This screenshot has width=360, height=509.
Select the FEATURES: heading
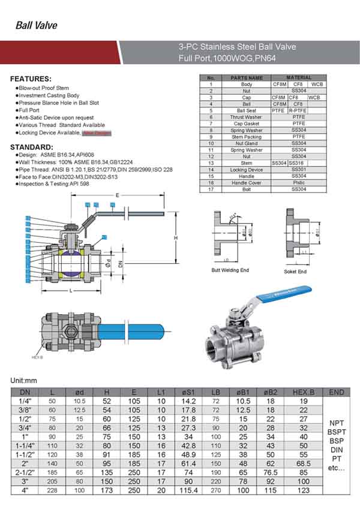tap(31, 79)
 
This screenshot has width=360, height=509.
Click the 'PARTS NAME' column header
tap(246, 78)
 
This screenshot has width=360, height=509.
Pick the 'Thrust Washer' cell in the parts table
tap(246, 117)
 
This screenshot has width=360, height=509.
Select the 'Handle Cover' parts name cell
tap(246, 183)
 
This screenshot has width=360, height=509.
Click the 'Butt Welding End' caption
tap(230, 270)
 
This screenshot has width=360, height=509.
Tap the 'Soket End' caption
tap(295, 272)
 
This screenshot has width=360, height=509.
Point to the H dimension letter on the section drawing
tap(176, 239)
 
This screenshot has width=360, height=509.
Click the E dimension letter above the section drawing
tap(117, 195)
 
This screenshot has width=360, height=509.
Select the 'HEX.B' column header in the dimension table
tap(303, 392)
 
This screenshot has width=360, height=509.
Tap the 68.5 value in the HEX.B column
tap(303, 463)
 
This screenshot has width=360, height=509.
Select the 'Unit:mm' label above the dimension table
tap(24, 381)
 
